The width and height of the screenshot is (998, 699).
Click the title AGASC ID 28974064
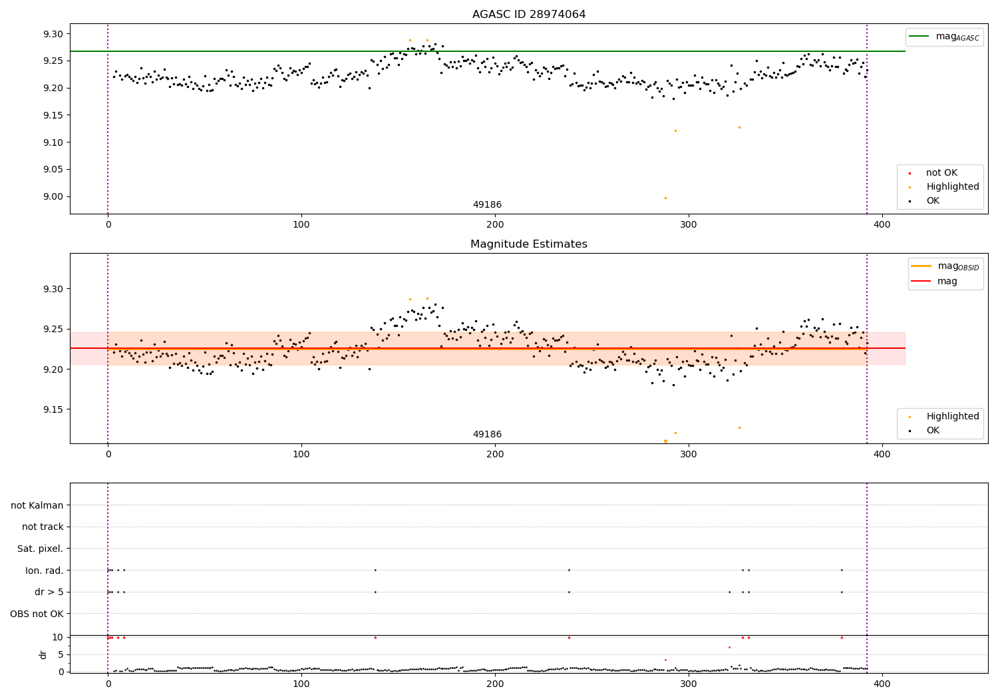click(529, 15)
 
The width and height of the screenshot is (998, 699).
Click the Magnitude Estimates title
click(529, 244)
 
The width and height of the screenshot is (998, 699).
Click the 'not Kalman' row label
click(37, 506)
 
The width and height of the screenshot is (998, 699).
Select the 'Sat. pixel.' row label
click(41, 549)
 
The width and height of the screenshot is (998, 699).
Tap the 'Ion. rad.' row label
click(45, 571)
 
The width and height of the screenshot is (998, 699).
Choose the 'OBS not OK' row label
click(37, 614)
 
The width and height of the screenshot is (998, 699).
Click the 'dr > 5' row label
click(49, 592)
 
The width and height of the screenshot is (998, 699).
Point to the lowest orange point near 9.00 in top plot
click(665, 198)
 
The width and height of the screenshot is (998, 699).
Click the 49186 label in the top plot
click(487, 205)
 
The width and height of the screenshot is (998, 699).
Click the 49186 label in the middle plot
click(487, 435)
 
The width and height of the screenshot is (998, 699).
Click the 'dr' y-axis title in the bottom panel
click(43, 654)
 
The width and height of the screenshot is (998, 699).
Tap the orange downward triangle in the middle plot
click(665, 441)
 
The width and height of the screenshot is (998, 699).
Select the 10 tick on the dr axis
click(57, 637)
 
